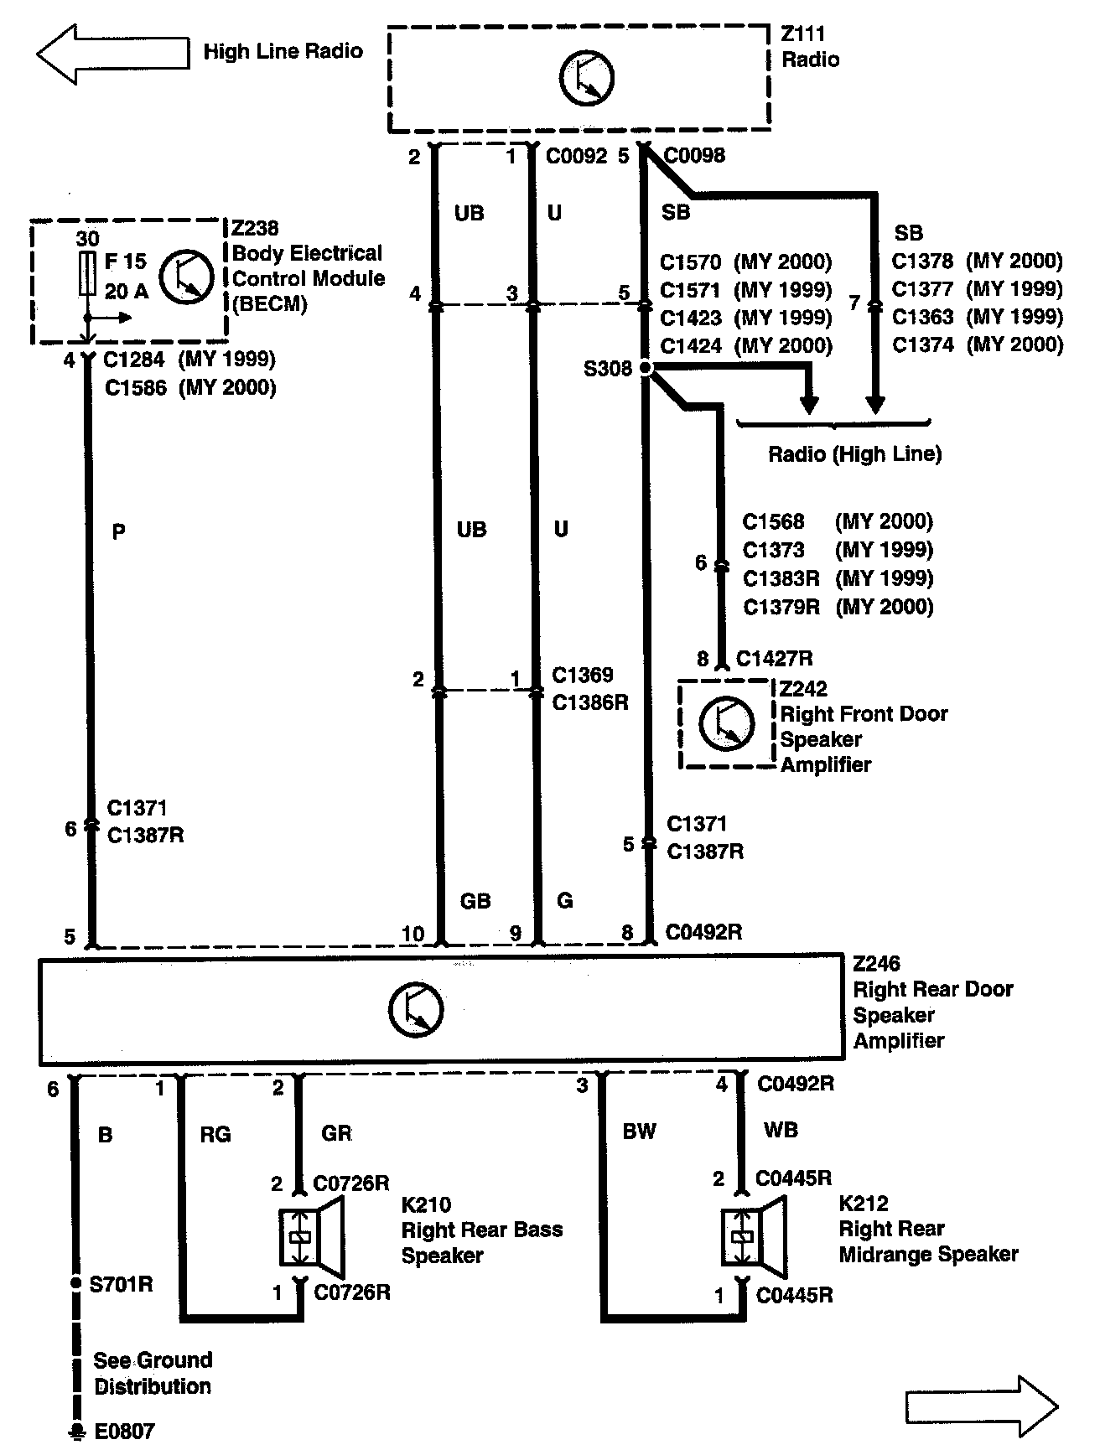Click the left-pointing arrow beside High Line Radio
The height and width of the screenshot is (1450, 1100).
click(x=112, y=53)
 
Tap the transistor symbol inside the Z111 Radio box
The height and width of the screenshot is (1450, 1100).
click(x=586, y=78)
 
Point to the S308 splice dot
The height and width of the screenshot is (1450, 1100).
click(x=645, y=367)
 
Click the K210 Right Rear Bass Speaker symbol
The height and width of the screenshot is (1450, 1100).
click(x=311, y=1236)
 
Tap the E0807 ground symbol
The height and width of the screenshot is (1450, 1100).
click(x=77, y=1431)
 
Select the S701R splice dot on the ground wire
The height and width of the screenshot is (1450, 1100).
click(x=75, y=1284)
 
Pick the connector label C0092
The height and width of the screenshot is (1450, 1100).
click(x=576, y=156)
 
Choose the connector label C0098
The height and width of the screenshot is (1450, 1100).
click(x=694, y=155)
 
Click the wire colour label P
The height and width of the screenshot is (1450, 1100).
click(x=118, y=531)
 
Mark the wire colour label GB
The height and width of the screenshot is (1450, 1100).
click(x=475, y=901)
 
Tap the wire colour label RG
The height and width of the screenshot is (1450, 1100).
click(x=215, y=1134)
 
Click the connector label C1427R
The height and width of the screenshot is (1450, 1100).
click(x=774, y=659)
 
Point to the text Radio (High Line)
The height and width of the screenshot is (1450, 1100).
click(x=854, y=454)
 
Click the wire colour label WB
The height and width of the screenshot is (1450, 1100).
click(x=781, y=1131)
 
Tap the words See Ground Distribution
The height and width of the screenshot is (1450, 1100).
click(x=153, y=1373)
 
